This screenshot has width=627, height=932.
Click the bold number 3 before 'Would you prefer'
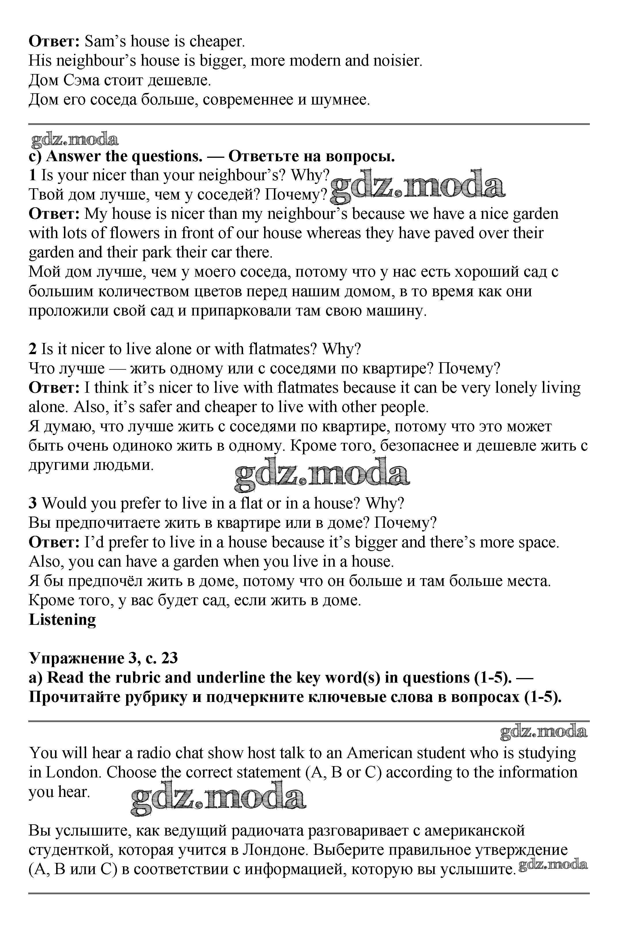point(33,503)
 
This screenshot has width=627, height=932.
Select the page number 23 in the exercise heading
point(170,658)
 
